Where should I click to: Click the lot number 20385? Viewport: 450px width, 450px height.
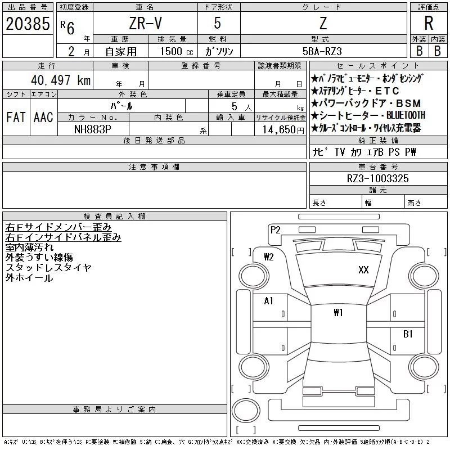tap(28, 24)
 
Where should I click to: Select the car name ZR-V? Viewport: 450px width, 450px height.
tap(145, 23)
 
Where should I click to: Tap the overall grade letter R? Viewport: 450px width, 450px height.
tap(429, 23)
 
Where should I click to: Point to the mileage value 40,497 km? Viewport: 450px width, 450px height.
tap(61, 80)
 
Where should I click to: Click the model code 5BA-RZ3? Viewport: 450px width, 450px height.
tap(322, 51)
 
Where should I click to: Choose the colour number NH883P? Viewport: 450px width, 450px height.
tap(92, 129)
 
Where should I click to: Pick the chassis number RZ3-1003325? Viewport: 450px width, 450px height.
tap(377, 178)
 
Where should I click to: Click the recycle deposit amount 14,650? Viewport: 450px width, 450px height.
tap(283, 129)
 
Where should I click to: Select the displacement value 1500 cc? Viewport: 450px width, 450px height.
tap(177, 51)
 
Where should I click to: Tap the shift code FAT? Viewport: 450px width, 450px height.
tap(16, 117)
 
